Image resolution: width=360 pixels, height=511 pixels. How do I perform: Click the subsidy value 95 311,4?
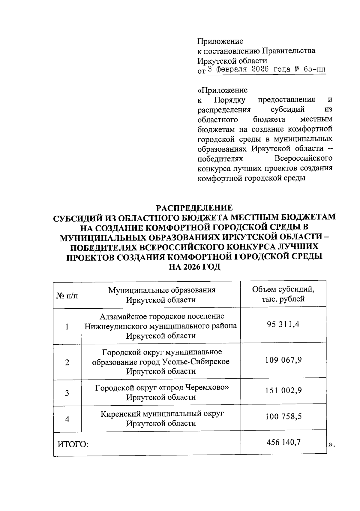pyautogui.click(x=283, y=324)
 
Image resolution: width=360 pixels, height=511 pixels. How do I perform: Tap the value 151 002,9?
pyautogui.click(x=283, y=391)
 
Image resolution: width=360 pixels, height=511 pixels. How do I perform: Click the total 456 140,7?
pyautogui.click(x=283, y=442)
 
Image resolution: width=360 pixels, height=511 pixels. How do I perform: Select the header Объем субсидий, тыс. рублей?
pyautogui.click(x=283, y=294)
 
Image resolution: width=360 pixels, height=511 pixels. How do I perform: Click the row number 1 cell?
pyautogui.click(x=67, y=326)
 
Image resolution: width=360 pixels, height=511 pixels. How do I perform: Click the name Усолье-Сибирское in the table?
pyautogui.click(x=196, y=361)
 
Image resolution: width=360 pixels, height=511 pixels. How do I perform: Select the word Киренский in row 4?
pyautogui.click(x=120, y=414)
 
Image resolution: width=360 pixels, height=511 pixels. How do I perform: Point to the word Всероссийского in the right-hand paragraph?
pyautogui.click(x=303, y=158)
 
